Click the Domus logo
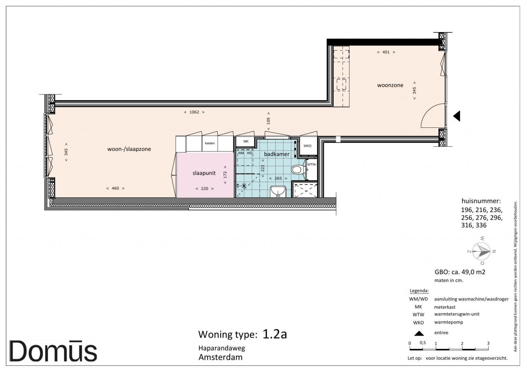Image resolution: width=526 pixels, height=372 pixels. pyautogui.click(x=53, y=351)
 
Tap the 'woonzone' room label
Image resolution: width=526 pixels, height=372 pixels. pyautogui.click(x=390, y=85)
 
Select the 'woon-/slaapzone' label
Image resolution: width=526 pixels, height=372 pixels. pyautogui.click(x=129, y=149)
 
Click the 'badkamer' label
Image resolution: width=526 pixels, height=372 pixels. pyautogui.click(x=277, y=154)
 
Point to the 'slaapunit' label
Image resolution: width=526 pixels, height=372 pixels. pyautogui.click(x=204, y=173)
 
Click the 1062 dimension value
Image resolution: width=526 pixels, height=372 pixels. pyautogui.click(x=194, y=112)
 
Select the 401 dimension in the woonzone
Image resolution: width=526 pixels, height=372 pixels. pyautogui.click(x=386, y=52)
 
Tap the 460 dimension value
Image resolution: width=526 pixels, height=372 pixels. pyautogui.click(x=115, y=188)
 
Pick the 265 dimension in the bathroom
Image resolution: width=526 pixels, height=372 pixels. pyautogui.click(x=278, y=178)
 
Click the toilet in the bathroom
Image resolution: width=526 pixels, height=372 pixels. pyautogui.click(x=298, y=169)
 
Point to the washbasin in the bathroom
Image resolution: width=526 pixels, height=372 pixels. pyautogui.click(x=278, y=192)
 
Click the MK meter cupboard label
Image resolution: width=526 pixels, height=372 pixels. pyautogui.click(x=246, y=141)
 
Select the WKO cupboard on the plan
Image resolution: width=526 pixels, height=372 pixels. pyautogui.click(x=308, y=146)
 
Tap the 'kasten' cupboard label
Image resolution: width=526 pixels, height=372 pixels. pyautogui.click(x=210, y=143)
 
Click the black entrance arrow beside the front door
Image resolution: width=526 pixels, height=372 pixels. pyautogui.click(x=457, y=116)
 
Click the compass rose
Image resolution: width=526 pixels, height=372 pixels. pyautogui.click(x=481, y=251)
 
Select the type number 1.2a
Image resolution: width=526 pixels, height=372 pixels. pyautogui.click(x=275, y=334)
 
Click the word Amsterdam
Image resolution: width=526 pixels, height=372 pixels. pyautogui.click(x=221, y=357)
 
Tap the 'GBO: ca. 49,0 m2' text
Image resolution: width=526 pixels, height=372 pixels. pyautogui.click(x=460, y=272)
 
